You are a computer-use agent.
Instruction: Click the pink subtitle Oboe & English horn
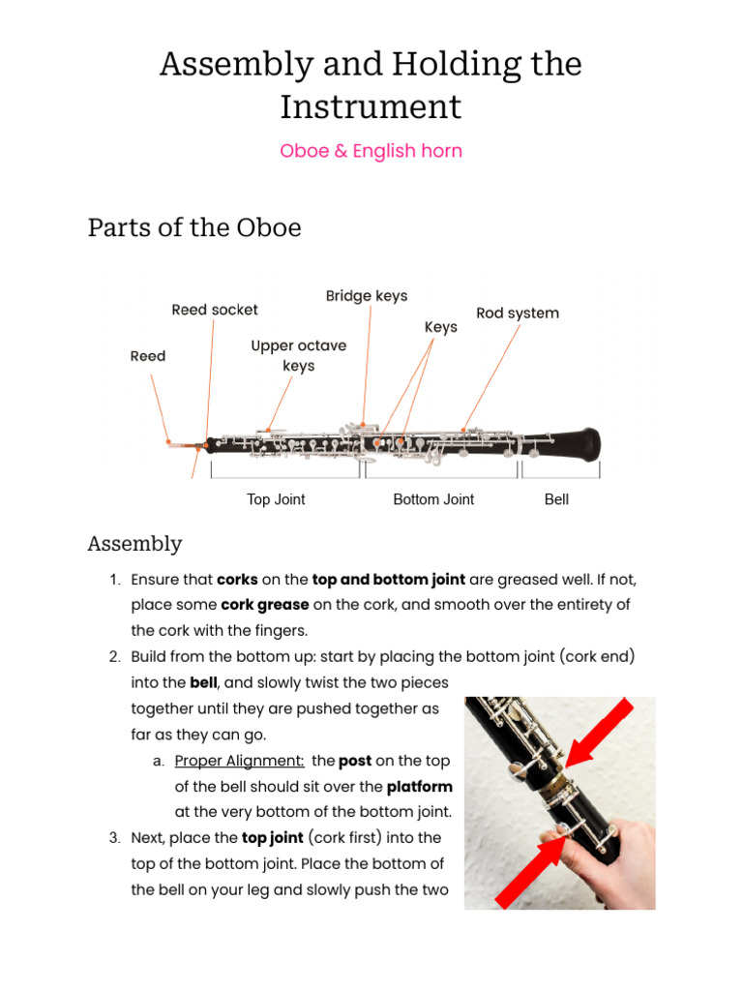(x=371, y=151)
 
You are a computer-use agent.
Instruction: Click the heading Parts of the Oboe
(x=194, y=227)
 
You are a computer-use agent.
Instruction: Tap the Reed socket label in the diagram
(x=215, y=310)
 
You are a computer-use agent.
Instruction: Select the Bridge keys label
(x=367, y=296)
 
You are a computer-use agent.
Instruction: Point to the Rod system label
(x=518, y=314)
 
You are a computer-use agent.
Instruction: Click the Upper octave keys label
(x=298, y=356)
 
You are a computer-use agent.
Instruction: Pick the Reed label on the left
(x=148, y=356)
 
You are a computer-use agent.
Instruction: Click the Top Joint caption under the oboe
(x=276, y=499)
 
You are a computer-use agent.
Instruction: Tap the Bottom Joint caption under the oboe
(x=433, y=499)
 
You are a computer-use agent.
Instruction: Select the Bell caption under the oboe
(x=556, y=499)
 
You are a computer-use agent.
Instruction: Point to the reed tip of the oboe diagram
(x=171, y=442)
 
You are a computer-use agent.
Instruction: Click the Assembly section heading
(x=134, y=544)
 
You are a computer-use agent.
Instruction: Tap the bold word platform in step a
(x=419, y=786)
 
